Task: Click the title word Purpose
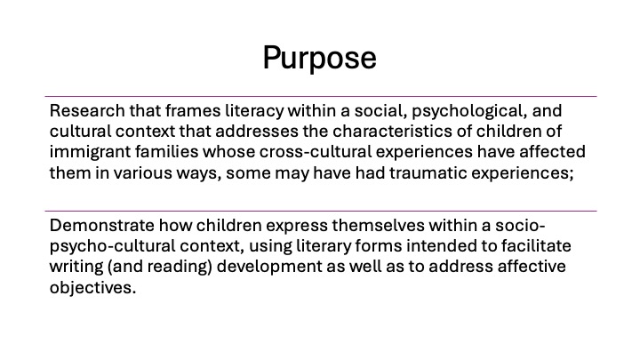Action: pos(320,59)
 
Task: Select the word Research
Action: pos(87,110)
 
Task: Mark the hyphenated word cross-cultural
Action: pos(315,151)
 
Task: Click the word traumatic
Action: pos(428,173)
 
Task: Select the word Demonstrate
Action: pos(102,225)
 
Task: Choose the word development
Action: pos(269,267)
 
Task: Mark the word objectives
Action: pos(92,288)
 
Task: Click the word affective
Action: pos(532,266)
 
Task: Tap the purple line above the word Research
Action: pos(321,97)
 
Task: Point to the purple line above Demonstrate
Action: pos(321,212)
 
